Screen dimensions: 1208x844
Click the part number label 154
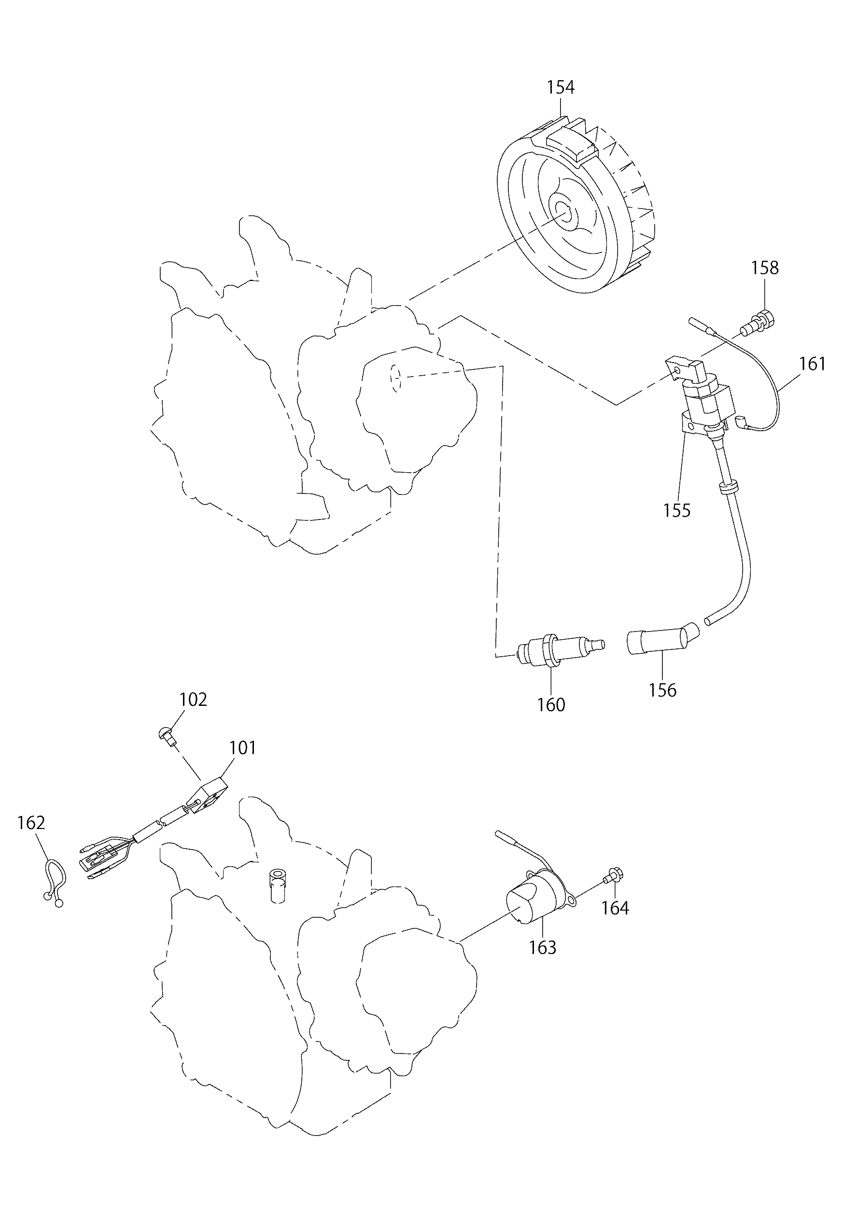pos(561,87)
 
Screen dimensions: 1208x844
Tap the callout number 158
pos(764,268)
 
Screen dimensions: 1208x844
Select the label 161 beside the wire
pos(813,364)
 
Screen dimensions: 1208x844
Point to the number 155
pos(676,510)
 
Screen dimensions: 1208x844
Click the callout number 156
pos(662,690)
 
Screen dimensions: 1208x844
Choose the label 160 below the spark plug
pos(551,704)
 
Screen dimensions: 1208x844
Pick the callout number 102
pos(193,700)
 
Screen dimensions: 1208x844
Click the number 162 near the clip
pos(31,822)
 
